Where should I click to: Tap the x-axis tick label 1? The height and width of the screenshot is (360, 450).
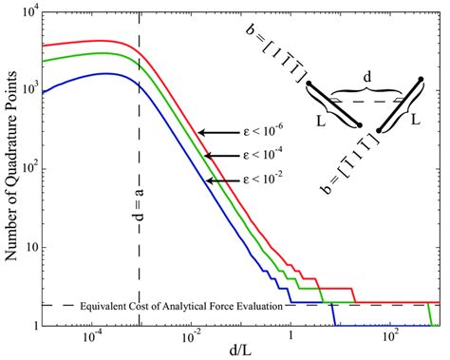coord(291,337)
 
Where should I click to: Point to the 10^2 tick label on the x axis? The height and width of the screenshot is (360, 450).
coord(389,336)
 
